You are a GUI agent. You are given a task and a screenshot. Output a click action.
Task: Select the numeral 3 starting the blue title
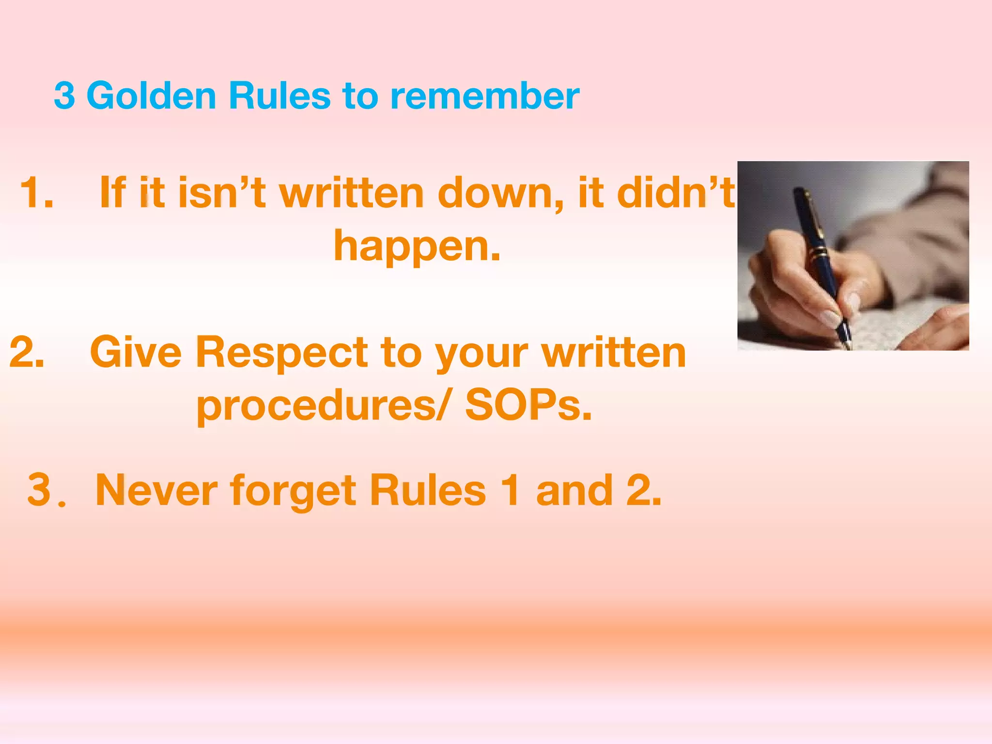pos(64,96)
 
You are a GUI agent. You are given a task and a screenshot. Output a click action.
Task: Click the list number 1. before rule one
pos(37,193)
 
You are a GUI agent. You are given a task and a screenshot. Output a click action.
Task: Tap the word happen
pos(417,246)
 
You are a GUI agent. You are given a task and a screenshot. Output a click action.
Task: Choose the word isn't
pos(222,193)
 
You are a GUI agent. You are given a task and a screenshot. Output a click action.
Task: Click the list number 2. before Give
pos(27,352)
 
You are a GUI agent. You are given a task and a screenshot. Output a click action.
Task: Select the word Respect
pos(281,352)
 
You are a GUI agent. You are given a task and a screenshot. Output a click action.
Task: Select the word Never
pos(156,491)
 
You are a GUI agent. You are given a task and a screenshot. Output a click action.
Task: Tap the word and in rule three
pos(574,491)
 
